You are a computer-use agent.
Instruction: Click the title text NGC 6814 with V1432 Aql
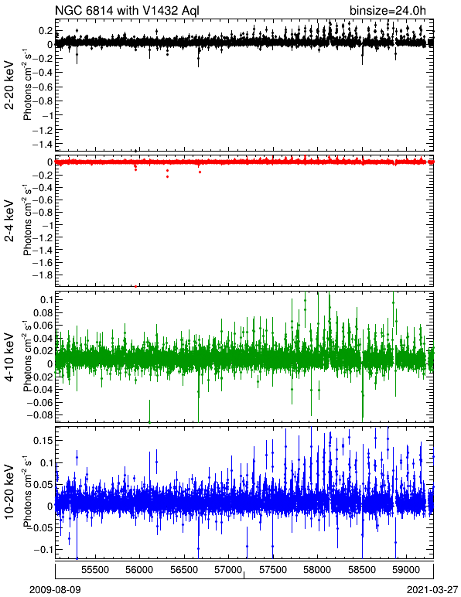tap(127, 10)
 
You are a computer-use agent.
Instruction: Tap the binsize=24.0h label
tap(388, 10)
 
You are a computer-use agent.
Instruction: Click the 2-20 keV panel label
tap(9, 85)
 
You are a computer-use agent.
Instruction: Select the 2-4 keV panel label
tap(9, 221)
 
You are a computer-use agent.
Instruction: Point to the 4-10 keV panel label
tap(9, 356)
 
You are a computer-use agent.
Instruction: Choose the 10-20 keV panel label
tap(9, 491)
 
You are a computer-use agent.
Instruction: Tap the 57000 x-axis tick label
tap(228, 570)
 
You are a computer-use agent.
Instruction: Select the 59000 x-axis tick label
tap(407, 570)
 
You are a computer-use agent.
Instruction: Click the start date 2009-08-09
tap(55, 590)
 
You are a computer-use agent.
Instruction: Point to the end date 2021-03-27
tap(432, 590)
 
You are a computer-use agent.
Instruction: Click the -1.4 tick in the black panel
tap(43, 145)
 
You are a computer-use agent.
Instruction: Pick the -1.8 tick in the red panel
tap(43, 275)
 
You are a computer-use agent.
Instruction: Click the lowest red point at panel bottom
tap(136, 286)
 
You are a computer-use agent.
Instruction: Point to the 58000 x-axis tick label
tap(317, 570)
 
